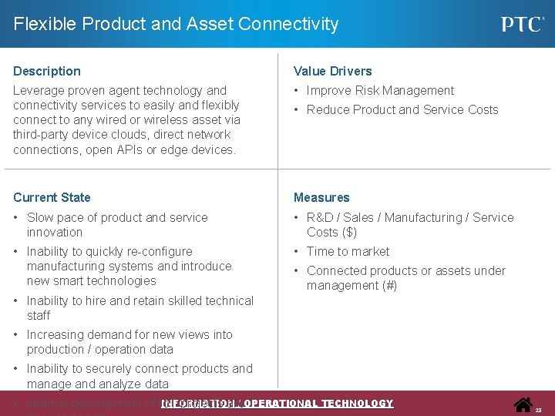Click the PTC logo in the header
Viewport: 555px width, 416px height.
click(523, 24)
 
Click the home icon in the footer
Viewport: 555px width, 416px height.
click(523, 404)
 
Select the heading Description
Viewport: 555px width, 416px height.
click(47, 71)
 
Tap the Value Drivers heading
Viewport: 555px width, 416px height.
click(332, 71)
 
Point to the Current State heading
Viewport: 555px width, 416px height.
click(52, 197)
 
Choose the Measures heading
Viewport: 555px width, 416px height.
click(321, 197)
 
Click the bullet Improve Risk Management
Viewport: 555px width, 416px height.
click(380, 90)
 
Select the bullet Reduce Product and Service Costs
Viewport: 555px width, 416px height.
click(402, 109)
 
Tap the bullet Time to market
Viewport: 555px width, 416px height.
click(348, 251)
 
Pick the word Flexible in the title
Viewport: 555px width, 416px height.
click(43, 24)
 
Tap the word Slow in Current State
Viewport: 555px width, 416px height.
click(40, 217)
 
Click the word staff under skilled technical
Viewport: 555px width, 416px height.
click(39, 315)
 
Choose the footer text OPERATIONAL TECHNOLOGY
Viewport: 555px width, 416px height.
click(318, 404)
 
